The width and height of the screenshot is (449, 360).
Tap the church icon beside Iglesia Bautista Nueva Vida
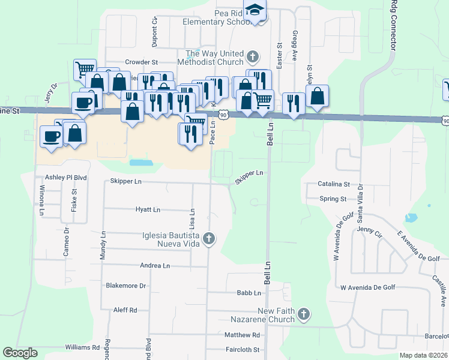209,239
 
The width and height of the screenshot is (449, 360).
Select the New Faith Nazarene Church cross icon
304,314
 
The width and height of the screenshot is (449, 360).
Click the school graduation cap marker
256,10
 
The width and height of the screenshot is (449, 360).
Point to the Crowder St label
141,62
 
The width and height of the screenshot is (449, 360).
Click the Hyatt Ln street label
148,210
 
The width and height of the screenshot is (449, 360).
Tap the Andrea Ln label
155,265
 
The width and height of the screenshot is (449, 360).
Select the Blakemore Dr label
126,286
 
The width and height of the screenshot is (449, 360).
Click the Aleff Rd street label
125,310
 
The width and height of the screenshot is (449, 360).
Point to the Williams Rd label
82,347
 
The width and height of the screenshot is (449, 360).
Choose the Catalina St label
334,184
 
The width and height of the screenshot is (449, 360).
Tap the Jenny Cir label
369,230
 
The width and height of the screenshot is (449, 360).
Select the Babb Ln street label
249,293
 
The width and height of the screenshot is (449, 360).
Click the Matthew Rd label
243,335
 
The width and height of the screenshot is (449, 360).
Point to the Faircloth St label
242,349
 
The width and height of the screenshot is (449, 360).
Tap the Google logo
20,352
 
